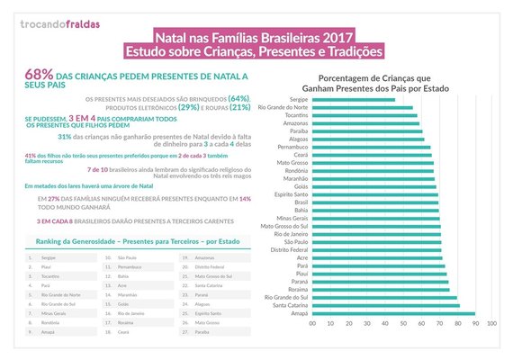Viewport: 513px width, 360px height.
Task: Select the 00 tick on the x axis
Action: (313, 323)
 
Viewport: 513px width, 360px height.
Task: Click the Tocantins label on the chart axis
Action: (295, 116)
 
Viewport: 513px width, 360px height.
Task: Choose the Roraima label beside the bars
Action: (296, 288)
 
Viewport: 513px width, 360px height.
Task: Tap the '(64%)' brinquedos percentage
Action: (239, 98)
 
